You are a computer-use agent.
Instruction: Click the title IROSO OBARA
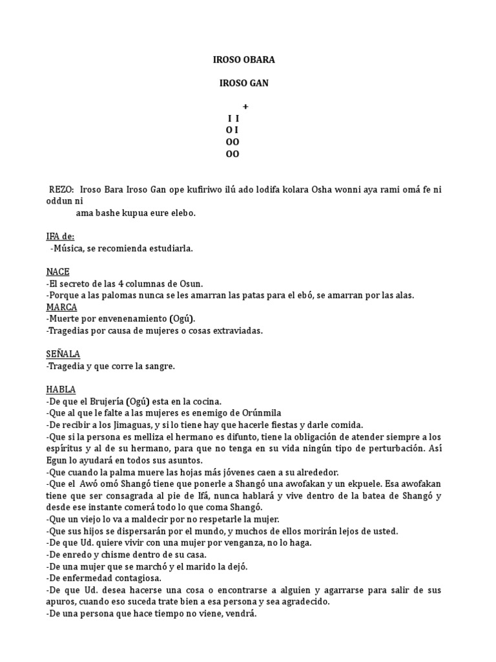click(244, 60)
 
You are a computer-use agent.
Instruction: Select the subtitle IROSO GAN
click(244, 83)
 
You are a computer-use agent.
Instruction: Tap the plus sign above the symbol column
click(245, 107)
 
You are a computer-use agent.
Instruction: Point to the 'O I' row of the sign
click(232, 130)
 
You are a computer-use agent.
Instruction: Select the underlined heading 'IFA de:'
click(60, 237)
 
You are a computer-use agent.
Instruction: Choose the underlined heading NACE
click(57, 272)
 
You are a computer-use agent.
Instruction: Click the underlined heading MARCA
click(61, 307)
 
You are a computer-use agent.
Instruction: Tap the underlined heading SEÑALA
click(63, 354)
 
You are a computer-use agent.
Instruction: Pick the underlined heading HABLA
click(61, 390)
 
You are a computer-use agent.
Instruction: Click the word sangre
click(161, 367)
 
